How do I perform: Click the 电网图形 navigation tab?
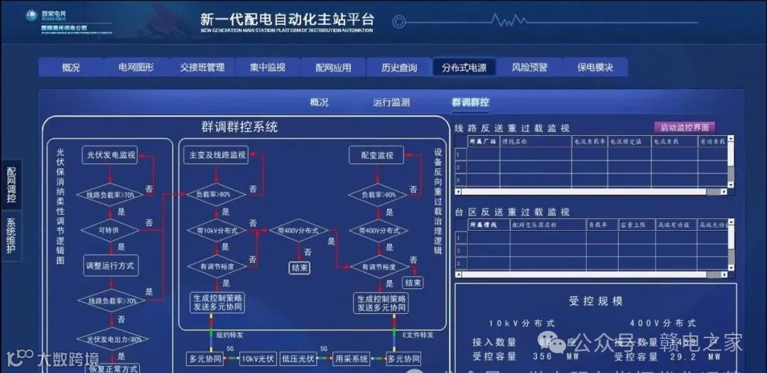pos(136,67)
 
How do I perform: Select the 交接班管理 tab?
pos(202,67)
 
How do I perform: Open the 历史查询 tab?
pos(399,67)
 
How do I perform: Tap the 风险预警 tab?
pos(530,67)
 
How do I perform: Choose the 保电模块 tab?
pos(589,67)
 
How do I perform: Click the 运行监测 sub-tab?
pos(391,102)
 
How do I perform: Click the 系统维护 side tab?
pos(11,234)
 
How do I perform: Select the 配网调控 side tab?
pos(11,184)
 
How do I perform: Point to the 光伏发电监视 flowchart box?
pos(111,155)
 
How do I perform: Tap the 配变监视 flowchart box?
pos(376,155)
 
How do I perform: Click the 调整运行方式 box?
pos(111,266)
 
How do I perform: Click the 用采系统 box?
pos(352,359)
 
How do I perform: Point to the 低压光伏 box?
pos(298,359)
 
